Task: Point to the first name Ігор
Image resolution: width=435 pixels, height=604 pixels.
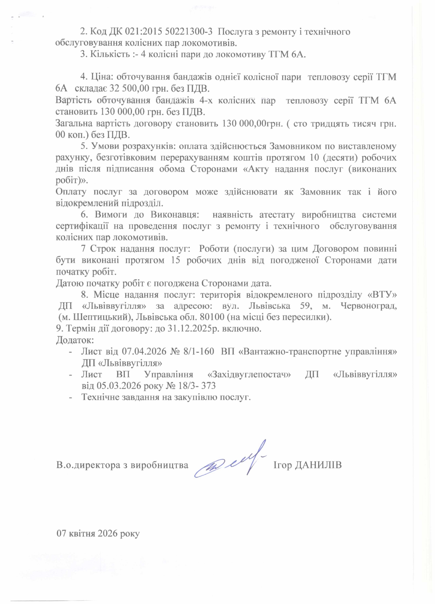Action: [x=282, y=465]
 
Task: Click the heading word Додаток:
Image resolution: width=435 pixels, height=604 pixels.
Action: [x=74, y=340]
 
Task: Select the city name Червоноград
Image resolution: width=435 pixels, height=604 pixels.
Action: [x=368, y=306]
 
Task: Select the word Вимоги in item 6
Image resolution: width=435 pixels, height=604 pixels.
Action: [x=111, y=215]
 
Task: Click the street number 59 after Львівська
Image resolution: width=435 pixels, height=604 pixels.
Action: [x=305, y=306]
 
